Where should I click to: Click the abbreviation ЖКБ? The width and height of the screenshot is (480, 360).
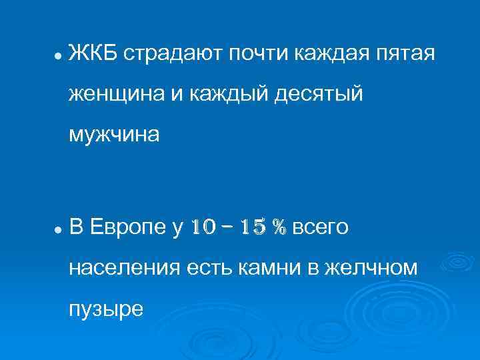(93, 53)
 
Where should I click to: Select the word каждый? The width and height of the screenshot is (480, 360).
(219, 94)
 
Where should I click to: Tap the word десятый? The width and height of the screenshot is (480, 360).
(316, 95)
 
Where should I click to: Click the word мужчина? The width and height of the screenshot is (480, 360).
(114, 135)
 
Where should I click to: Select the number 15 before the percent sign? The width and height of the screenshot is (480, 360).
(255, 227)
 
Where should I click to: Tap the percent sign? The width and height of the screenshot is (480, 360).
(279, 227)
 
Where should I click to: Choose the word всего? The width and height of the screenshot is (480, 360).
(320, 227)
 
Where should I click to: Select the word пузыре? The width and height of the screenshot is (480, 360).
(105, 309)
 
